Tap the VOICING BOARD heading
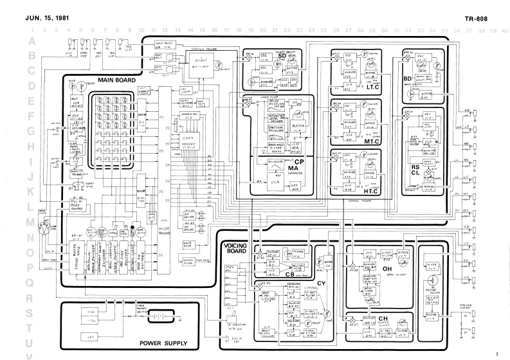tap(239, 246)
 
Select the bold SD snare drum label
tap(282, 57)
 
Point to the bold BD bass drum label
tap(407, 79)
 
